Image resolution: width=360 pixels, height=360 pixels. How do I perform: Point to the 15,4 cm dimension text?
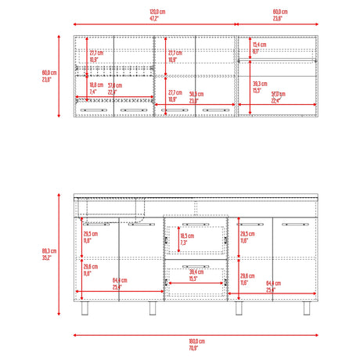click(x=258, y=45)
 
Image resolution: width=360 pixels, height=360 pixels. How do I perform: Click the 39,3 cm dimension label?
click(x=259, y=83)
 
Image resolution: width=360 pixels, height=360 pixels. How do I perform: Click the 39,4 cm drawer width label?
click(x=193, y=272)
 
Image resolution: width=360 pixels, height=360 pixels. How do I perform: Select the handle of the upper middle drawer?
click(x=195, y=223)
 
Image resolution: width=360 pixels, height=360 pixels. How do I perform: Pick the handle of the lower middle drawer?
click(x=195, y=267)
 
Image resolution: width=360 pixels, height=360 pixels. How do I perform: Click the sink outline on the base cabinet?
click(x=113, y=207)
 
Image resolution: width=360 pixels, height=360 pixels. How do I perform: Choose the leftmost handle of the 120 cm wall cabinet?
click(x=94, y=111)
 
